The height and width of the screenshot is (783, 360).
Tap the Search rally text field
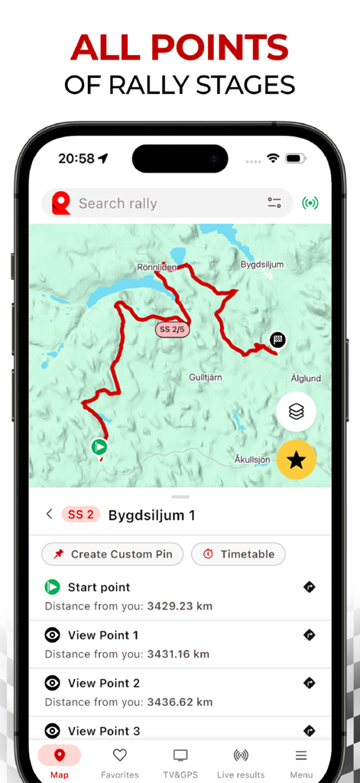[153, 203]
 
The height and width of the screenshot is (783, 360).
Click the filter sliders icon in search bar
[274, 203]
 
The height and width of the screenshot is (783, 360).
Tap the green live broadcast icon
[310, 203]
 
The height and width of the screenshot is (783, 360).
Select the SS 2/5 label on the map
[173, 330]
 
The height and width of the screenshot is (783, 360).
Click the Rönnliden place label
[157, 268]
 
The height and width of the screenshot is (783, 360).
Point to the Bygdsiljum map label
[262, 265]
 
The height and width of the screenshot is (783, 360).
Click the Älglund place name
[306, 379]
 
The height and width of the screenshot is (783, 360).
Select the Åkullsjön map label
[252, 460]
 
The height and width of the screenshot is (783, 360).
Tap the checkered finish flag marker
[278, 340]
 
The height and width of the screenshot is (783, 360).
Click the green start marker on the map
[99, 447]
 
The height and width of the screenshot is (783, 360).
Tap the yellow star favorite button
[297, 460]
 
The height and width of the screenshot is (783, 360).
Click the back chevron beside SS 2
[50, 515]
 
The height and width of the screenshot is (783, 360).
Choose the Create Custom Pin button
[112, 554]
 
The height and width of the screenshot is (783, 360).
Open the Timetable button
[238, 554]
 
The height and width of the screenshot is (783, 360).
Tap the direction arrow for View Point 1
[310, 635]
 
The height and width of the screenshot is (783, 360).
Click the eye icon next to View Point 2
[52, 683]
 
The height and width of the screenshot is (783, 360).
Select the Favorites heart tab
[120, 762]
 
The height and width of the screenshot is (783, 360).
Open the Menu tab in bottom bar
[301, 762]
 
